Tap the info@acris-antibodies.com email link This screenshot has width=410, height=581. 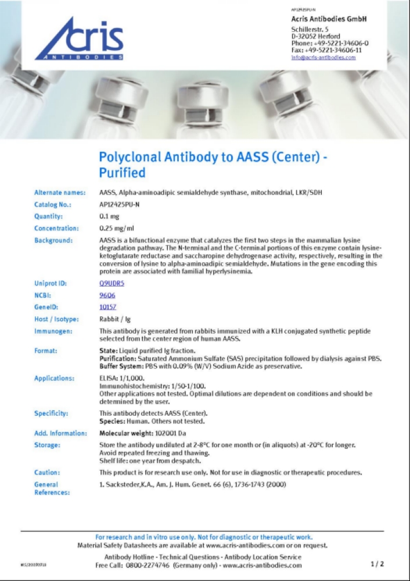coord(323,58)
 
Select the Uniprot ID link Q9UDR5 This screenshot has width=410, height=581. coord(112,283)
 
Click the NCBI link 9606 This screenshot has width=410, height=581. coord(108,295)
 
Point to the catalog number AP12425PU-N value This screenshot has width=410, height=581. coord(120,205)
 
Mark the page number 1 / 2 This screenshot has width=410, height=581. coord(377,564)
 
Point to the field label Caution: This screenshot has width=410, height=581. coord(47,472)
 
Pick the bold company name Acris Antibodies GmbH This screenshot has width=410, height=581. coord(329,19)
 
